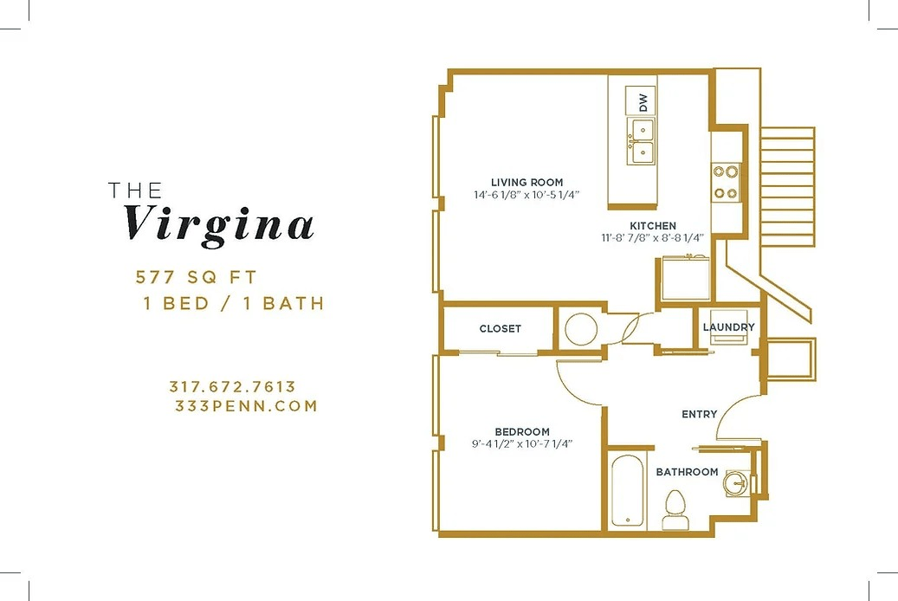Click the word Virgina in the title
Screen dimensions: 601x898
(220, 223)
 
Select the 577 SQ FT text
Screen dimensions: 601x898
(197, 277)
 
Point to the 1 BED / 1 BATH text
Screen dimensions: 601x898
(234, 303)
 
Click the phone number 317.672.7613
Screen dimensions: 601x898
(232, 387)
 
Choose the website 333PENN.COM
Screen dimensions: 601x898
(245, 405)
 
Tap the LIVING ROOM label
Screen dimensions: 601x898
(527, 182)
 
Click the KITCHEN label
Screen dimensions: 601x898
(653, 226)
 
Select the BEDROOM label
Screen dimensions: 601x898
(521, 432)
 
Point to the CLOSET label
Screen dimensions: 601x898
(501, 328)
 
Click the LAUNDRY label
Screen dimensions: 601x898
(728, 326)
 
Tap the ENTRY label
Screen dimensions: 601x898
(699, 414)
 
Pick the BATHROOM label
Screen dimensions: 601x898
(687, 472)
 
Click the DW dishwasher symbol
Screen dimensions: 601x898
(643, 100)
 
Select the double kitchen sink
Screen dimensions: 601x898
(643, 141)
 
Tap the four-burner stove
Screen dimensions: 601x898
(726, 182)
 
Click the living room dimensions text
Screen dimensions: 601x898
(527, 195)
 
